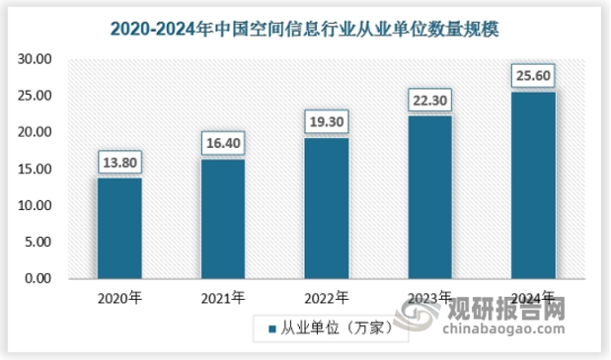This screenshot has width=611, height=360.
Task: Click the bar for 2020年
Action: tap(119, 228)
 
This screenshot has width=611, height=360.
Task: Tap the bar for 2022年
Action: tap(326, 208)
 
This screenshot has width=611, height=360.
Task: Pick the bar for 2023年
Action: tap(429, 197)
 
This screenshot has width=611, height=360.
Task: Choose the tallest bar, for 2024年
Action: tap(533, 185)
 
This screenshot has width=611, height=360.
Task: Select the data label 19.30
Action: tap(326, 121)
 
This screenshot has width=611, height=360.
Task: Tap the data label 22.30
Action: tap(429, 100)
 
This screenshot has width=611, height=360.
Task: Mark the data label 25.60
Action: tap(533, 75)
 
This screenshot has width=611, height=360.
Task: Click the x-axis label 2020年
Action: tap(119, 297)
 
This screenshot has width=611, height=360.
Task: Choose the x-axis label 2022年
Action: tap(326, 297)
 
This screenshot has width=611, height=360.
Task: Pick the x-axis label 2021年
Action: tap(223, 297)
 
